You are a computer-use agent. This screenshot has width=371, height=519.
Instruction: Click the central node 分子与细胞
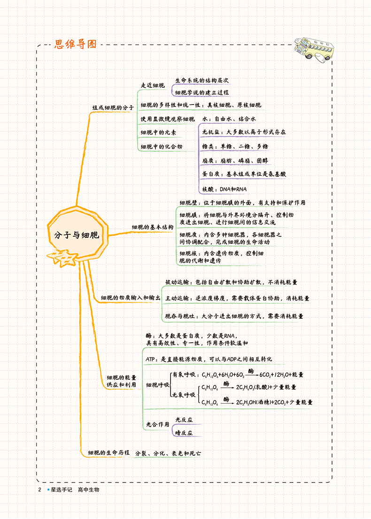77,235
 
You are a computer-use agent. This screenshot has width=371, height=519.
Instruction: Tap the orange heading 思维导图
76,44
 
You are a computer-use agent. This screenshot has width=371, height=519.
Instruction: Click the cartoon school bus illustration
314,50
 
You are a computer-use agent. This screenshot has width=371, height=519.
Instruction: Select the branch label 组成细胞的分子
113,107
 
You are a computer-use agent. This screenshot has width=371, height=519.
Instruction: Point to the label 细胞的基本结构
153,227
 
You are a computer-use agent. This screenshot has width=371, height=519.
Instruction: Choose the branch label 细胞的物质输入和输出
131,298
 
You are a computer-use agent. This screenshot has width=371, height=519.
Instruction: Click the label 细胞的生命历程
109,452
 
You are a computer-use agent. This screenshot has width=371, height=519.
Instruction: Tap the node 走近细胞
153,85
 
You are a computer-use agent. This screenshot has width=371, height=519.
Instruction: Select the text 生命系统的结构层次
202,80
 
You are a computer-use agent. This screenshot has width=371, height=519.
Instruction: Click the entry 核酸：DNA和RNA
224,189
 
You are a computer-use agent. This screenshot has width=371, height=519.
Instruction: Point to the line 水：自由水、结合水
229,119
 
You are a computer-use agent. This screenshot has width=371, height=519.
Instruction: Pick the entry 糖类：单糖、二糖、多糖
235,146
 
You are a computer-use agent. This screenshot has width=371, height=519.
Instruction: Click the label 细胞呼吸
157,384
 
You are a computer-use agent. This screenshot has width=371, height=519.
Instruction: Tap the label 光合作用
157,424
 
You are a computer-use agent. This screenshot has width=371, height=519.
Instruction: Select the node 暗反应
184,433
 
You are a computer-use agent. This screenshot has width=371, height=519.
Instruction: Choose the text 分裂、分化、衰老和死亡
168,453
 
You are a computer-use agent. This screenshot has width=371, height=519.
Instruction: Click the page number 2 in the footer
39,489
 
